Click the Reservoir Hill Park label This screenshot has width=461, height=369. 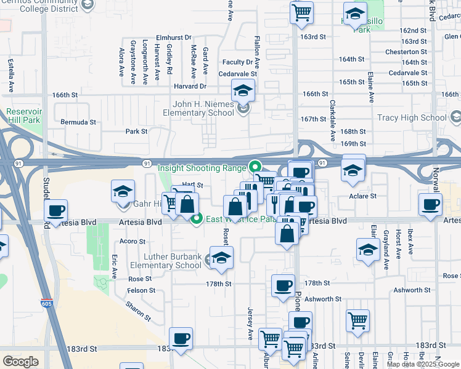pos(23,116)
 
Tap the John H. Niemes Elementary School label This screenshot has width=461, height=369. pos(198,108)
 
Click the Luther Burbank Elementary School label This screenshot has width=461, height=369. pos(173,261)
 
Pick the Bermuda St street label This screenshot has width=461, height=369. pos(78,122)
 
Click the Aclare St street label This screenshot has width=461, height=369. pos(364,196)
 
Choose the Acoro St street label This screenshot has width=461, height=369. pos(133,241)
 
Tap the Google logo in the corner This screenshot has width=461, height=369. pos(20,362)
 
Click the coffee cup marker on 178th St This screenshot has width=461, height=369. pos(284,286)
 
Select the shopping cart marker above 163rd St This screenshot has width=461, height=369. pos(301,12)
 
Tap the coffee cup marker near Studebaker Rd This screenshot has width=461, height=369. pos(56,211)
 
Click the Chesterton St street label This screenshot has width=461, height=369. pos(406,52)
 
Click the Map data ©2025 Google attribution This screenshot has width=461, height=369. pos(422,364)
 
